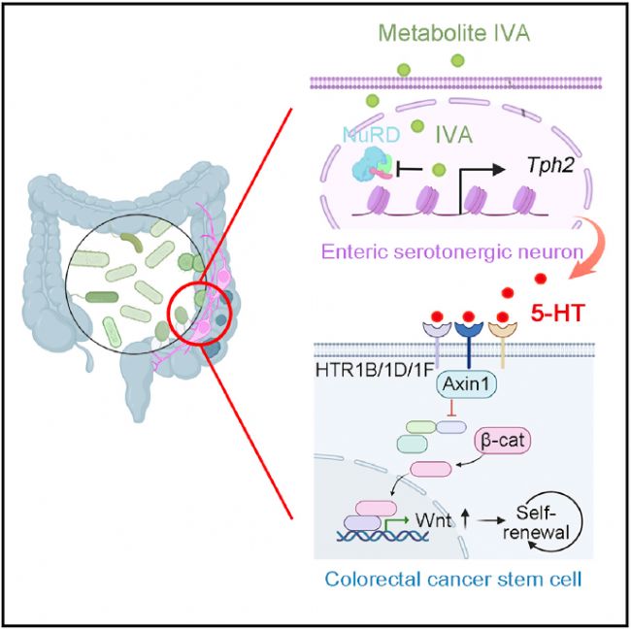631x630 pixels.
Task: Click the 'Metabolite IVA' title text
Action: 454,33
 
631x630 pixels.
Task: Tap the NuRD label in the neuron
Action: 371,135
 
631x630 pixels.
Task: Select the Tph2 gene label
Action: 551,165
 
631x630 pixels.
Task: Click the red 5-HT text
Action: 556,314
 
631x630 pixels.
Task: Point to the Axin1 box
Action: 466,384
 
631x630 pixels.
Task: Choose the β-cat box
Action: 503,441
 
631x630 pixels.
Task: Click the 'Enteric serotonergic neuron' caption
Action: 452,252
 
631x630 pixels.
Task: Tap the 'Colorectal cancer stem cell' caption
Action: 453,580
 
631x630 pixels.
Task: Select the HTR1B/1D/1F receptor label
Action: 376,370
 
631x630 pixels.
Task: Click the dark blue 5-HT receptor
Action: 468,339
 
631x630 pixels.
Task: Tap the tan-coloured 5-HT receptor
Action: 503,339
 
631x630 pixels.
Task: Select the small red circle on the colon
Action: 198,313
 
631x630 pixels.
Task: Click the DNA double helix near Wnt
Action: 382,534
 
